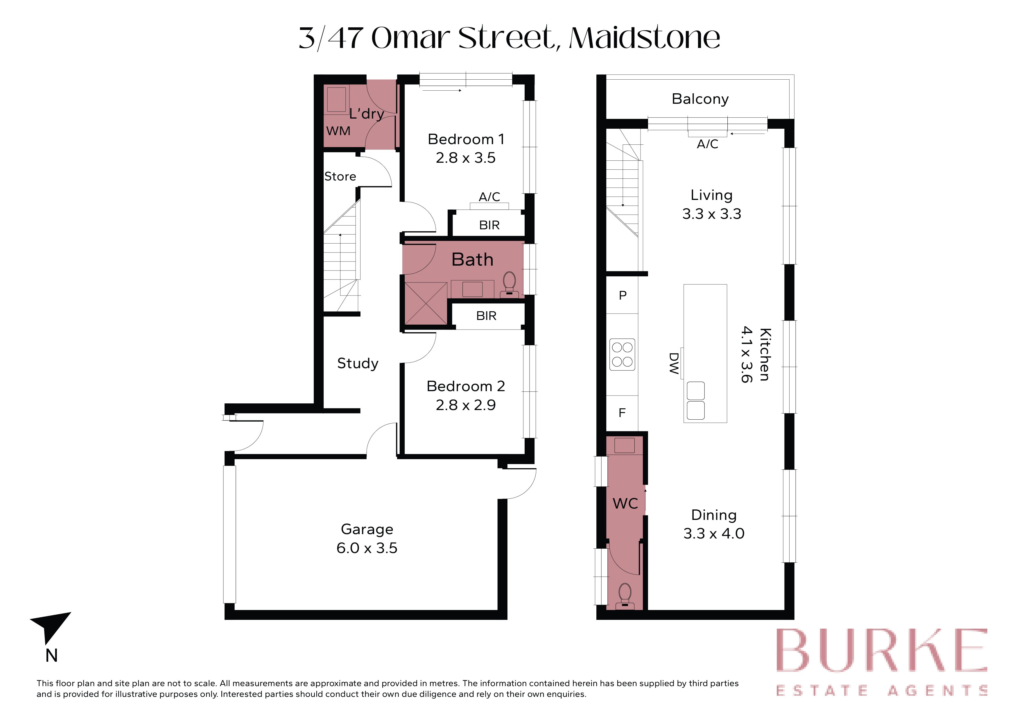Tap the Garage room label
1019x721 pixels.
pos(367,529)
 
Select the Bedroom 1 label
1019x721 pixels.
pos(466,139)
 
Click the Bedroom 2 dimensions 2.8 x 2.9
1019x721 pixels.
pos(466,405)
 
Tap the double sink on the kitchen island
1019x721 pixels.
pos(695,400)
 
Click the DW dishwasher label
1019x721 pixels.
pos(674,363)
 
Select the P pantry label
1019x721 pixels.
pos(623,295)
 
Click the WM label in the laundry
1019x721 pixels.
pos(338,131)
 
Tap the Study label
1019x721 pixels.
pos(358,364)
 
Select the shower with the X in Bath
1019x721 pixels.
pos(426,303)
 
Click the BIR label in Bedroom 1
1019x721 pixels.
pos(489,225)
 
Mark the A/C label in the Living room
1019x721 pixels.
pos(707,144)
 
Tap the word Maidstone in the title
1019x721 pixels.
pos(644,38)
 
